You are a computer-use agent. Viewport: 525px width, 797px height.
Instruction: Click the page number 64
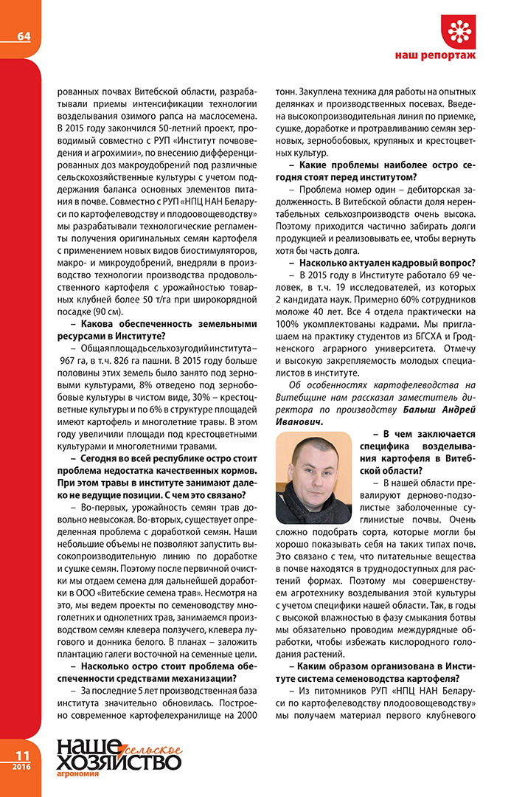point(24,36)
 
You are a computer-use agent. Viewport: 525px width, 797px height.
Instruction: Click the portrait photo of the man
point(313,477)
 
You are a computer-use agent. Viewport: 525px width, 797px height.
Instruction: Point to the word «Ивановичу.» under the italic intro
point(300,421)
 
